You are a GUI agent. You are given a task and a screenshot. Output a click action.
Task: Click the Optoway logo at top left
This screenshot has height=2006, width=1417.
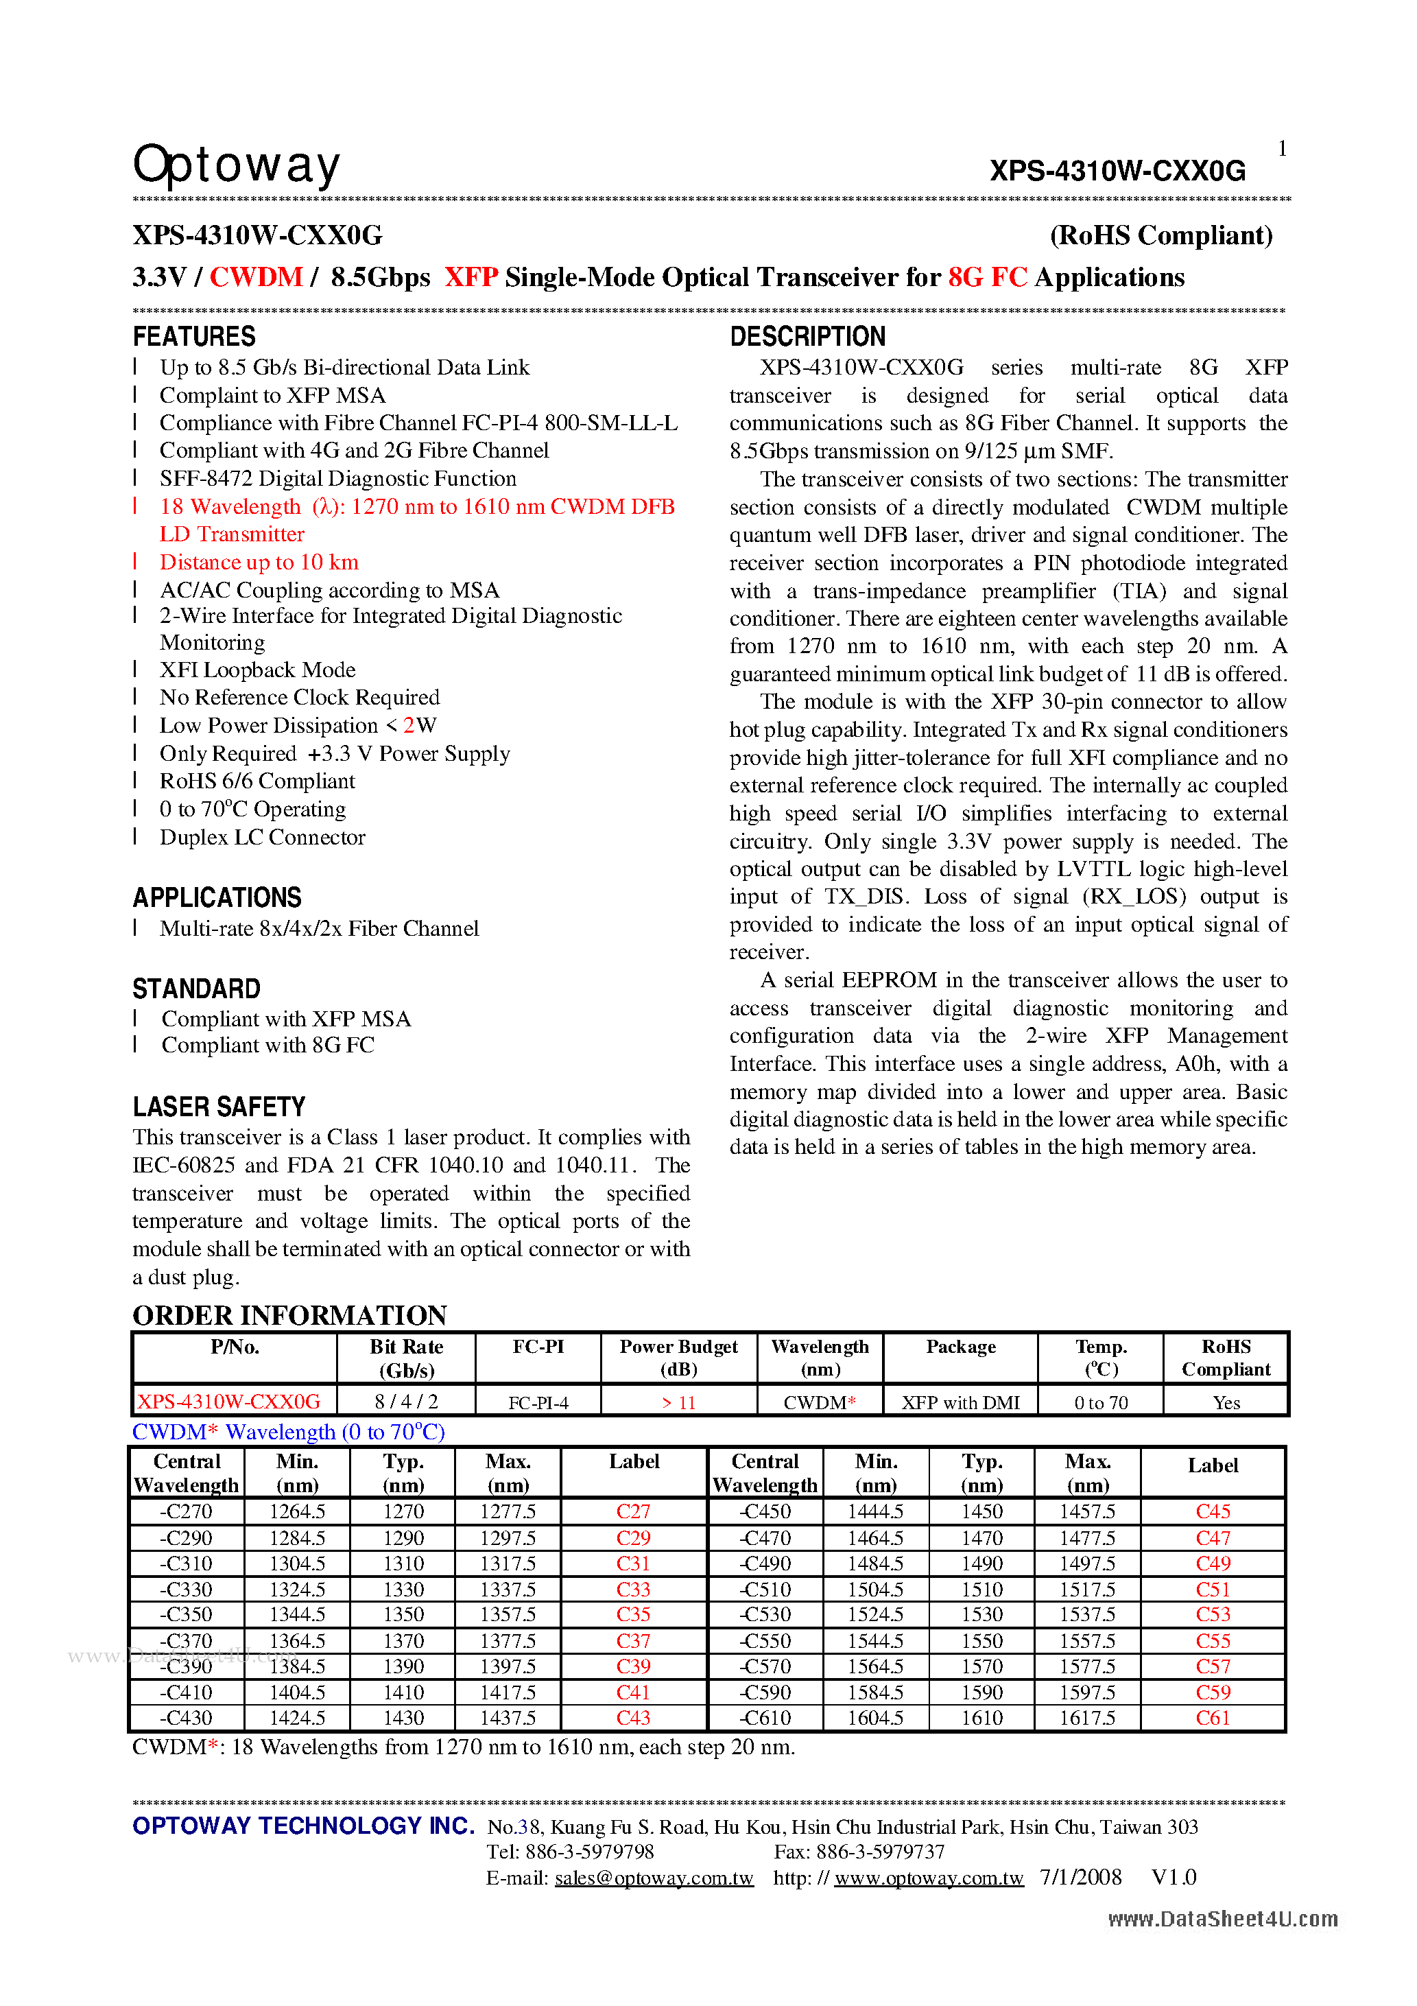[x=236, y=165]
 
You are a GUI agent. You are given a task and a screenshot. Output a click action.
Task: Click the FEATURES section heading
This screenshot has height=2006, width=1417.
[x=194, y=336]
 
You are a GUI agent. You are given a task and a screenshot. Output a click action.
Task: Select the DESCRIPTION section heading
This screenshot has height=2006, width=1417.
[x=807, y=336]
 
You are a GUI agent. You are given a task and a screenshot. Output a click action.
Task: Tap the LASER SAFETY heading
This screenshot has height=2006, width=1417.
[x=218, y=1107]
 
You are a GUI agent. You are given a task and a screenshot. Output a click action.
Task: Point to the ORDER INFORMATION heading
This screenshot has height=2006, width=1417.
[x=289, y=1315]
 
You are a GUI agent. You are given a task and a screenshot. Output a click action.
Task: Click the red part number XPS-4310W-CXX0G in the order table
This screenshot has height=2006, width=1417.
[x=229, y=1402]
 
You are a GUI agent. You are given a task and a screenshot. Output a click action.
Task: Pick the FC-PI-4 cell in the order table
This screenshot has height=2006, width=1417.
[x=538, y=1402]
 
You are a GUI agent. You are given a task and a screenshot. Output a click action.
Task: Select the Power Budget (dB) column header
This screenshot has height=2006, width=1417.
[x=679, y=1358]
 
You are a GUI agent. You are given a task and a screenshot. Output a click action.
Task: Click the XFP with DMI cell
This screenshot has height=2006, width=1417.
[x=960, y=1402]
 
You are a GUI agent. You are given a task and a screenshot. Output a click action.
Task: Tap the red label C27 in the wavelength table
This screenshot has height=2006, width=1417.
[x=633, y=1511]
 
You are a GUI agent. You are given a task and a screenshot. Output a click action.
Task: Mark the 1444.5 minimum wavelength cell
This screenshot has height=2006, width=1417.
[x=875, y=1511]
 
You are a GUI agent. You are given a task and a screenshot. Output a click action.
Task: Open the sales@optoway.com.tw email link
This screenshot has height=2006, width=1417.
[x=654, y=1878]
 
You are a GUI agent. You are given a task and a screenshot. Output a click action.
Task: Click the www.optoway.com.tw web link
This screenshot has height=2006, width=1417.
[x=928, y=1878]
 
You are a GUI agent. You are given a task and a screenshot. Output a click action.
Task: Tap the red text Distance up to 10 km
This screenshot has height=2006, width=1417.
[x=259, y=562]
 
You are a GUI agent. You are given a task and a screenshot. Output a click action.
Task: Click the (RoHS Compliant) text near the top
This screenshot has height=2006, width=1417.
[x=1161, y=235]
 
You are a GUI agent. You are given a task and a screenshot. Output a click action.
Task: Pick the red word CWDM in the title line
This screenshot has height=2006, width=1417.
[x=256, y=277]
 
